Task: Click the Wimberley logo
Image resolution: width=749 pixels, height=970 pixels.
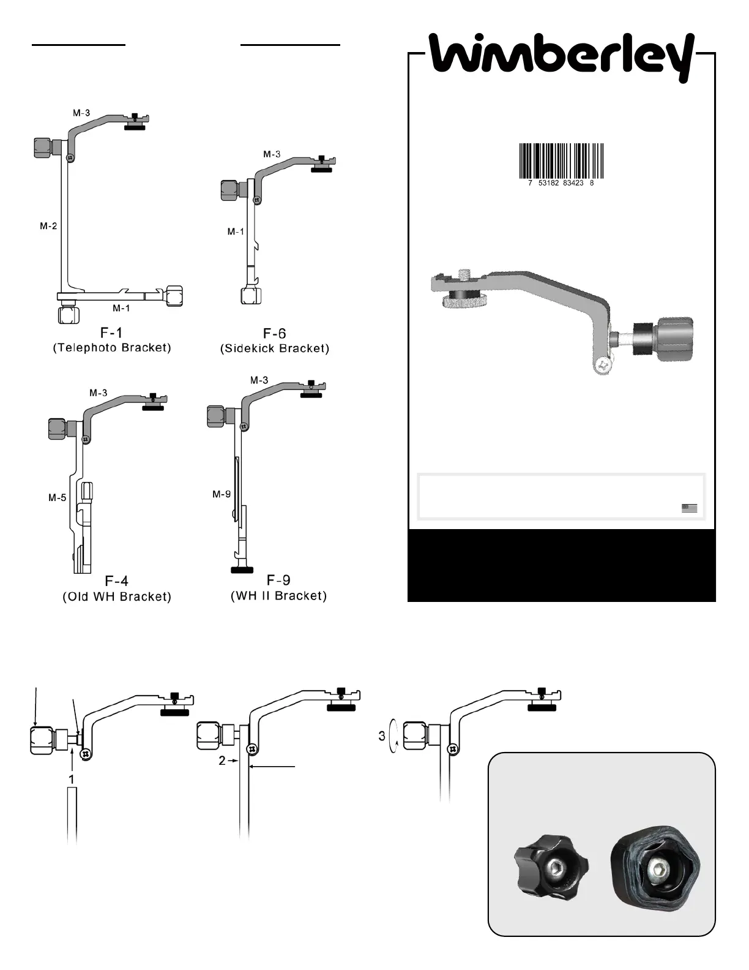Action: [562, 56]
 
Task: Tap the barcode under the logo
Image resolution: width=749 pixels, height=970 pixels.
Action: [561, 161]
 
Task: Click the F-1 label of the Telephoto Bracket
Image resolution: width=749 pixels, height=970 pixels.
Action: [111, 333]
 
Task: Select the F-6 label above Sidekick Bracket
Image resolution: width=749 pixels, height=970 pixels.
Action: [275, 334]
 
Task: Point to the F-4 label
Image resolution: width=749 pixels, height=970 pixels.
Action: [117, 581]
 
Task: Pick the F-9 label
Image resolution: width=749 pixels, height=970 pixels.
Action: [278, 581]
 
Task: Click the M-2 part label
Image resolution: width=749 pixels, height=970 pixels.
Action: [48, 226]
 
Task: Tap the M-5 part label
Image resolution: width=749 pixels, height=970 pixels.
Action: [58, 498]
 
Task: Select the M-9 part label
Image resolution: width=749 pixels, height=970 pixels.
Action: [222, 494]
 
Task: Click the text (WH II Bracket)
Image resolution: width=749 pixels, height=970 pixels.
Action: [278, 596]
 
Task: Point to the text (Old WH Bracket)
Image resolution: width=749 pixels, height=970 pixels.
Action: [117, 596]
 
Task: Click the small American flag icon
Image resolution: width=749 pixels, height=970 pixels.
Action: [689, 508]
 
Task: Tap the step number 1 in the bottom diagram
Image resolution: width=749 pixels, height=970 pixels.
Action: [72, 780]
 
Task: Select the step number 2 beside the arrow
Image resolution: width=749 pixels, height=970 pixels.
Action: [223, 760]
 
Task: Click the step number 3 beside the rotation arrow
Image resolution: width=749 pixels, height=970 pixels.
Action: [382, 736]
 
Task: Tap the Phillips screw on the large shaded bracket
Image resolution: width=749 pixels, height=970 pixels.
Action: [604, 365]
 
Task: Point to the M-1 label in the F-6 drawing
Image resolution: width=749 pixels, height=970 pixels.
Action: [236, 231]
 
